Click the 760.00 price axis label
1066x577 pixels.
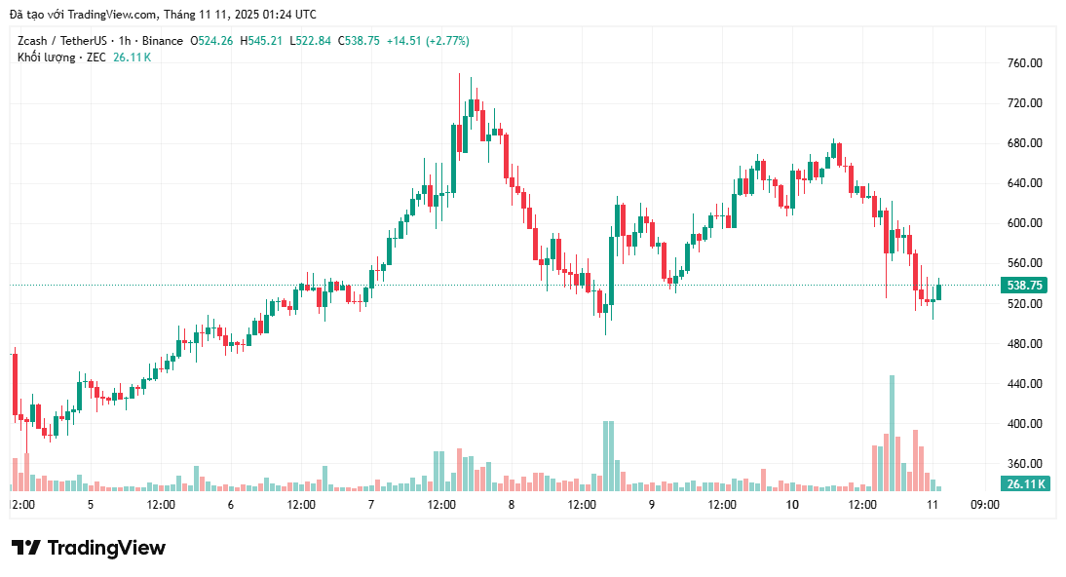[1024, 63]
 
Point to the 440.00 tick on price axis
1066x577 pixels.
[1024, 384]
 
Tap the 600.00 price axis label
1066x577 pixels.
[1024, 223]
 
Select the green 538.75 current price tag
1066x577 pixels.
[1025, 286]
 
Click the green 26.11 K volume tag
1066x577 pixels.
[1025, 484]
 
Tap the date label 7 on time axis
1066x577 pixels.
[371, 505]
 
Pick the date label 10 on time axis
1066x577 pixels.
[791, 505]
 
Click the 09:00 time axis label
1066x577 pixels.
[985, 505]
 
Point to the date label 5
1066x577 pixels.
[91, 505]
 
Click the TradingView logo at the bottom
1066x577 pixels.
[89, 548]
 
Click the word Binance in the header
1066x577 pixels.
[163, 41]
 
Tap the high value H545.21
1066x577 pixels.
[262, 41]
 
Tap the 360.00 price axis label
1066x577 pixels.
[1024, 464]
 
